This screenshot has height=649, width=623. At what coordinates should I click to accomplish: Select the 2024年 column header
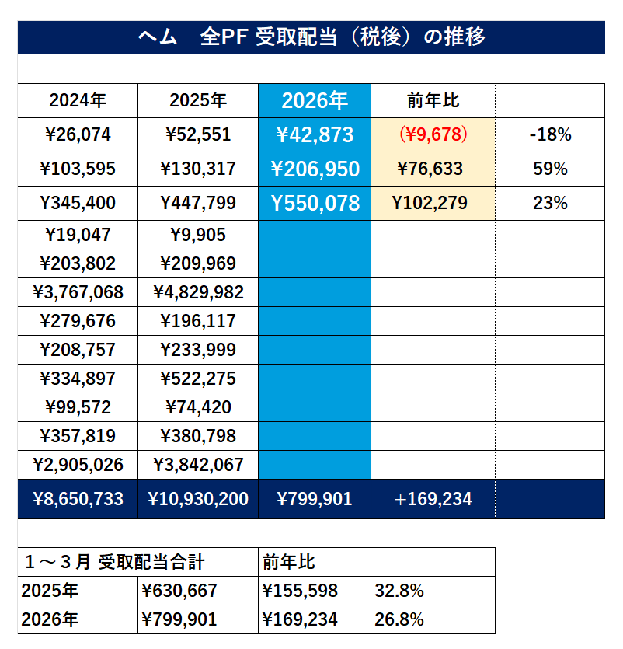78,100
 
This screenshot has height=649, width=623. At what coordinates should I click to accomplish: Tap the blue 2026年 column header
315,100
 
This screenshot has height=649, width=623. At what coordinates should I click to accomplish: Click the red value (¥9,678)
433,134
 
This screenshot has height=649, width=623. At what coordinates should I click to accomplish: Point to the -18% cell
550,134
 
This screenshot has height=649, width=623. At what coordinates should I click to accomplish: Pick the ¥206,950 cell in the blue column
315,169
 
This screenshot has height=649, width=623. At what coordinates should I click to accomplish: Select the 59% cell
550,169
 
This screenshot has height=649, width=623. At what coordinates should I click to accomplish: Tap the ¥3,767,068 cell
78,293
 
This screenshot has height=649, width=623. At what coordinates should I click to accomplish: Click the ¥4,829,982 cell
198,293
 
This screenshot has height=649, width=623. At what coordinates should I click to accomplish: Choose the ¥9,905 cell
198,235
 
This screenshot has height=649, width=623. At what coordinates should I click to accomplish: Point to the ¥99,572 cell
78,407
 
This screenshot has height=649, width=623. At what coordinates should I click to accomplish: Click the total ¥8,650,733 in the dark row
78,499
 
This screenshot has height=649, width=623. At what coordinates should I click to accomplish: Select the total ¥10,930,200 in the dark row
198,499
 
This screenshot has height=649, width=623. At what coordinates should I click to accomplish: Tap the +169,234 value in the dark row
433,499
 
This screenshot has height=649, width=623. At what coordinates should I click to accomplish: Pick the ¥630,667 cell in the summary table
179,591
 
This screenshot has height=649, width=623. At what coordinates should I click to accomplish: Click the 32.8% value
399,591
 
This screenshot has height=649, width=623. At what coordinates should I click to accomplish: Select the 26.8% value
399,620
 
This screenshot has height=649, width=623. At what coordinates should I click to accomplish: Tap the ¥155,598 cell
300,591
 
